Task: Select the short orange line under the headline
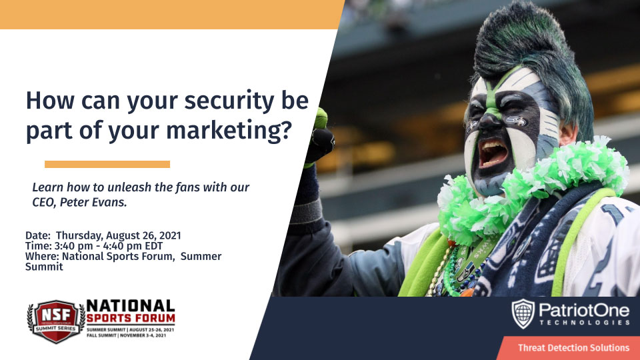[107, 164]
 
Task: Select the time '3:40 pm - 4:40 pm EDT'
[108, 246]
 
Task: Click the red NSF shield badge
[56, 321]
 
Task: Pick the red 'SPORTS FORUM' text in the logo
[131, 318]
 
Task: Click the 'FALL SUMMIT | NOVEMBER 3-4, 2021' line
[127, 335]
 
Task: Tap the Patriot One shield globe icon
[523, 313]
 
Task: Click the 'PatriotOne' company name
[584, 311]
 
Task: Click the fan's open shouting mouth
[493, 153]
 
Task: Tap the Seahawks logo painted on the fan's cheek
[516, 121]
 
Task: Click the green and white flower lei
[531, 188]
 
